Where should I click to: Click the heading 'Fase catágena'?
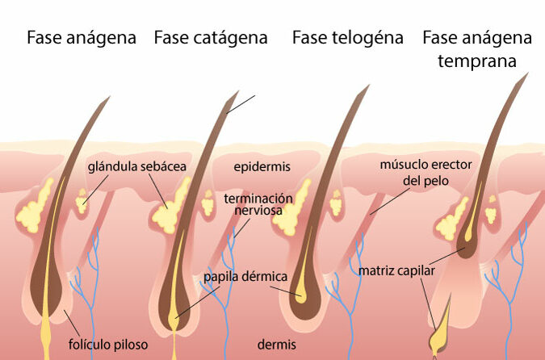click(x=211, y=37)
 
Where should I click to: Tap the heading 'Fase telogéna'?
click(x=347, y=37)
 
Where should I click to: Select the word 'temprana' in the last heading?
click(x=477, y=61)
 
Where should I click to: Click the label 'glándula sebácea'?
click(x=137, y=166)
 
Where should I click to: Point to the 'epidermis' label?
click(x=262, y=167)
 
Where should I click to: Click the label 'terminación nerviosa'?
click(x=258, y=204)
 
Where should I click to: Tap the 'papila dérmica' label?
click(x=245, y=277)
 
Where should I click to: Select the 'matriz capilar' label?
click(x=396, y=270)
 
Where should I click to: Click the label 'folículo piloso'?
click(x=108, y=345)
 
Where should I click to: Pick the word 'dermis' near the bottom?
click(x=277, y=345)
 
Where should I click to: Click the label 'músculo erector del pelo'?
click(x=426, y=173)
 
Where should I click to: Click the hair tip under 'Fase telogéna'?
click(x=368, y=86)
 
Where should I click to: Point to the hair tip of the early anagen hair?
click(x=527, y=73)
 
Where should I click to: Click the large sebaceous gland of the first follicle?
click(x=35, y=207)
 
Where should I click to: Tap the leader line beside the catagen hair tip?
click(x=241, y=104)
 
